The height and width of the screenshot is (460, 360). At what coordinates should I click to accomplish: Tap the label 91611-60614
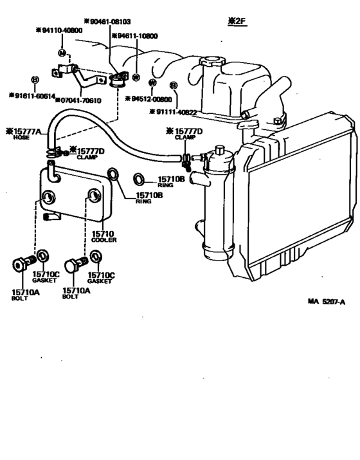pyautogui.click(x=32, y=95)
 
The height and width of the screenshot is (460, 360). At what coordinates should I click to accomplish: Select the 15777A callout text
pyautogui.click(x=24, y=131)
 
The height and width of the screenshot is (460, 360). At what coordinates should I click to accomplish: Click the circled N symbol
pyautogui.click(x=62, y=52)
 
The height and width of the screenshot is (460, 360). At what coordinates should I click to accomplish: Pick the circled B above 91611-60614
pyautogui.click(x=35, y=80)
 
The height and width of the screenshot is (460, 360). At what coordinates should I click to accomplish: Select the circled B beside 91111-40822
pyautogui.click(x=173, y=85)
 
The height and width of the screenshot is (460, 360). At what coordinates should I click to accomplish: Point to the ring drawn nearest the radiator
pyautogui.click(x=139, y=178)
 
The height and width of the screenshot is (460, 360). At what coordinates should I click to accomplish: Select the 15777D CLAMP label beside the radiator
pyautogui.click(x=187, y=134)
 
